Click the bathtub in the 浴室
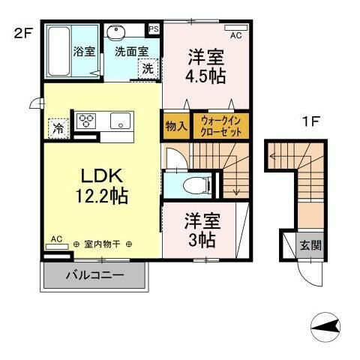58,50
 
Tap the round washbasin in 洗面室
117,33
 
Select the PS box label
154,28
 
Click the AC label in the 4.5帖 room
235,34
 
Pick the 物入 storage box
175,126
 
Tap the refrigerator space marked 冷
57,128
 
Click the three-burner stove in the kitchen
86,121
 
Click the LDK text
101,177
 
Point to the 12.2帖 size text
101,196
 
